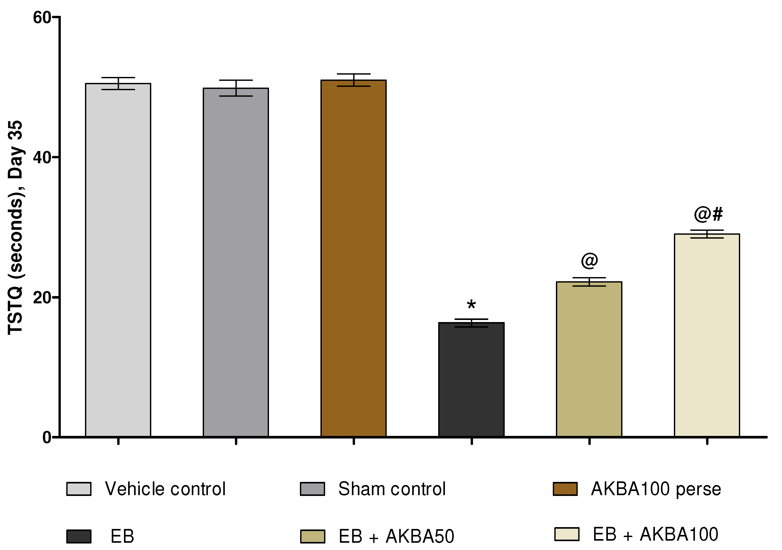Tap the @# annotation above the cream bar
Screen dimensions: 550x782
(708, 214)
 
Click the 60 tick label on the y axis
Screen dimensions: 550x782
(42, 18)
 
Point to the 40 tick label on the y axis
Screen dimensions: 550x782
(42, 158)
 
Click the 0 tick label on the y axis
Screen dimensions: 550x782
(47, 437)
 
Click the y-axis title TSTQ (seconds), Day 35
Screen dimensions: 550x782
(15, 227)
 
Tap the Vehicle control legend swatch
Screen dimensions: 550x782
(79, 489)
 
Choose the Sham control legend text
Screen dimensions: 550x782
(392, 489)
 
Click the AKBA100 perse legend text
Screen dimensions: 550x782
(656, 489)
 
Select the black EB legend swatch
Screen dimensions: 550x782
(79, 536)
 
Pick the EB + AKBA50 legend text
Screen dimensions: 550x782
(396, 536)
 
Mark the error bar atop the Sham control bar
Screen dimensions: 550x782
(236, 88)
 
